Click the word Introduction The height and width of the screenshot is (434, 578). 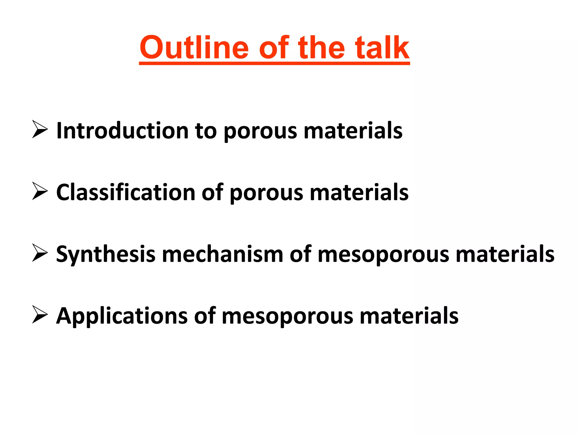pyautogui.click(x=122, y=131)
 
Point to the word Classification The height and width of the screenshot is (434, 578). pyautogui.click(x=126, y=192)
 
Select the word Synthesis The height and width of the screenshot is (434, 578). pyautogui.click(x=106, y=254)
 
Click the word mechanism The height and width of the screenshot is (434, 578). pyautogui.click(x=222, y=254)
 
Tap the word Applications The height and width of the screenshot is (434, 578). pyautogui.click(x=122, y=316)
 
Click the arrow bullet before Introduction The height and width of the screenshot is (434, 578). pyautogui.click(x=40, y=129)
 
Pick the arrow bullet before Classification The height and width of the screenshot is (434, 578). pyautogui.click(x=40, y=191)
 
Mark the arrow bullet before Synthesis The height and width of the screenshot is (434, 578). pyautogui.click(x=40, y=253)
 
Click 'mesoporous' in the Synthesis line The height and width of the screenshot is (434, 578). pyautogui.click(x=383, y=254)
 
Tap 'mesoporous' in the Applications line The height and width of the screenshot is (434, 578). pyautogui.click(x=287, y=316)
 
